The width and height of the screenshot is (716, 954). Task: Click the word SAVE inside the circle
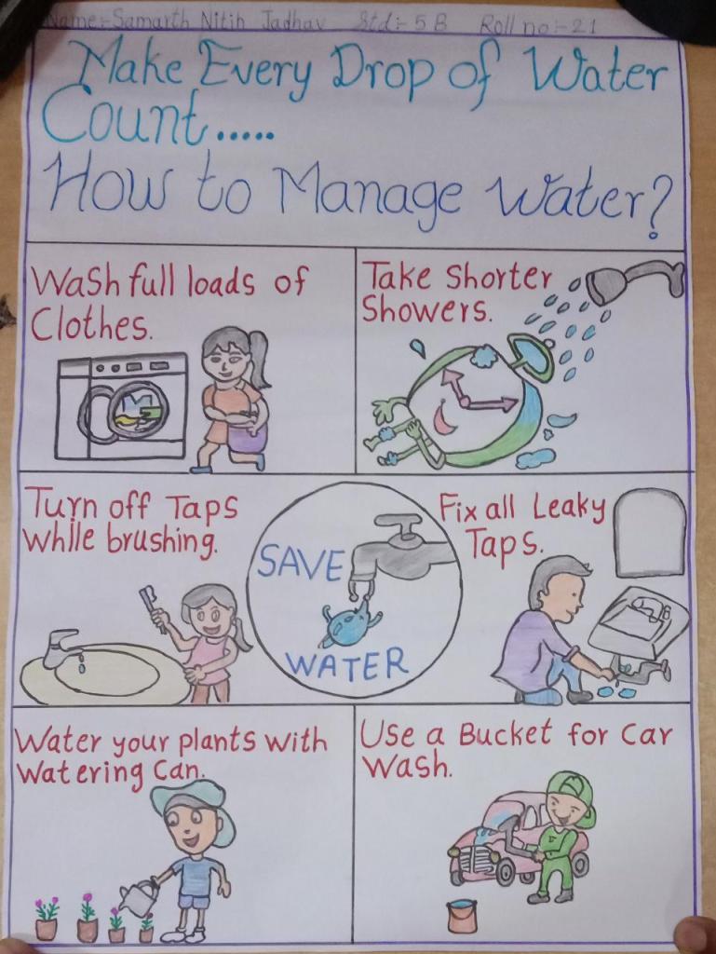point(298,563)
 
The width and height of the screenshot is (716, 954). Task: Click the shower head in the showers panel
point(635,280)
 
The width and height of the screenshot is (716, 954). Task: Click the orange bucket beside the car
point(462,917)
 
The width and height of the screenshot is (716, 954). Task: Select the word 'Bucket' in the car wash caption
point(504,735)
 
